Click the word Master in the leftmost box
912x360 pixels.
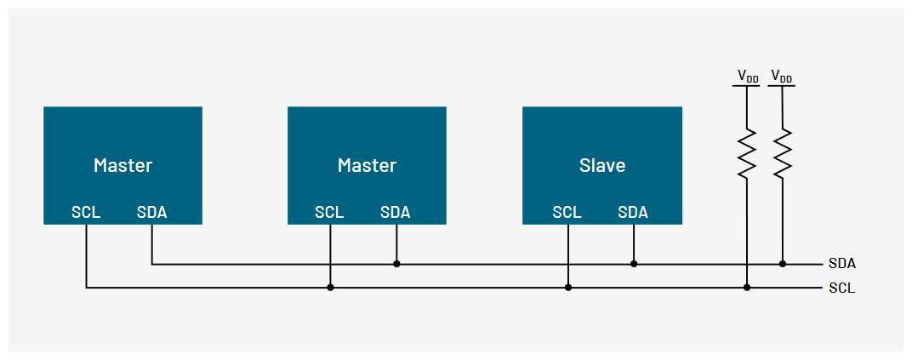(x=123, y=164)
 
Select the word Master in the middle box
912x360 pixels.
(x=367, y=164)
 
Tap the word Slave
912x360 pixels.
(x=601, y=164)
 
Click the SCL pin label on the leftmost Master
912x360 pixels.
(x=86, y=212)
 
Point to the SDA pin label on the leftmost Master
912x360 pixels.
(x=151, y=212)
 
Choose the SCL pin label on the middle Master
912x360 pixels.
(x=329, y=212)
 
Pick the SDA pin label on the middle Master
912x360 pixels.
(x=396, y=212)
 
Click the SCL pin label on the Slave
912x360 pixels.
(x=567, y=212)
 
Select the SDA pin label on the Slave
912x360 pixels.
(x=633, y=212)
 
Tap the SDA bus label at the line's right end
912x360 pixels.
(x=841, y=264)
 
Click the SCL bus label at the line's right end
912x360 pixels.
(x=841, y=289)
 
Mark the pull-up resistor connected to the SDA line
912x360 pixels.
(x=783, y=153)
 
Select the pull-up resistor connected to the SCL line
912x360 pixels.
(x=747, y=153)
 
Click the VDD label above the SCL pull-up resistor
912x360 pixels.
(x=747, y=77)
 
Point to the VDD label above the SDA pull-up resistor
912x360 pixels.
(x=782, y=77)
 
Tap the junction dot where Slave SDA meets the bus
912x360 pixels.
(x=634, y=264)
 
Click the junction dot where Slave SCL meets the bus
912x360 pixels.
(x=568, y=288)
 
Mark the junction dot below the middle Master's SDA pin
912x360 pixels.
(x=396, y=264)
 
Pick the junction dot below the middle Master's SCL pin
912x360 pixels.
(x=330, y=288)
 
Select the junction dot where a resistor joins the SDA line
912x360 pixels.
(x=783, y=264)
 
